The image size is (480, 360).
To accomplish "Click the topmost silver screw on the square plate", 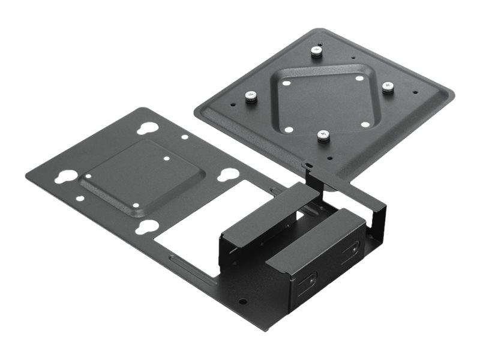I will (316, 52).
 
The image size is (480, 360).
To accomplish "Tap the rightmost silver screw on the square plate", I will (388, 88).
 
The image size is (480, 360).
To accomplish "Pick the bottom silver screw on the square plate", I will (324, 135).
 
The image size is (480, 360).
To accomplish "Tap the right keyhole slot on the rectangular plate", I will (227, 175).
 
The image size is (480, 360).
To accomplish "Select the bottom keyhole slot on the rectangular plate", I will (146, 227).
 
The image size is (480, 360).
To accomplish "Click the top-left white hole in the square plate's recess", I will (287, 83).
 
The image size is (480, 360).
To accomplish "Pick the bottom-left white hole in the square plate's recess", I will (289, 129).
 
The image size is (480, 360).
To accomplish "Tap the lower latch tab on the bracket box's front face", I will (311, 280).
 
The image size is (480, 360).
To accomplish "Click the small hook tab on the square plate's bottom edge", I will (307, 166).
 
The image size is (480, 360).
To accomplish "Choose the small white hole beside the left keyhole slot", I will (88, 176).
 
